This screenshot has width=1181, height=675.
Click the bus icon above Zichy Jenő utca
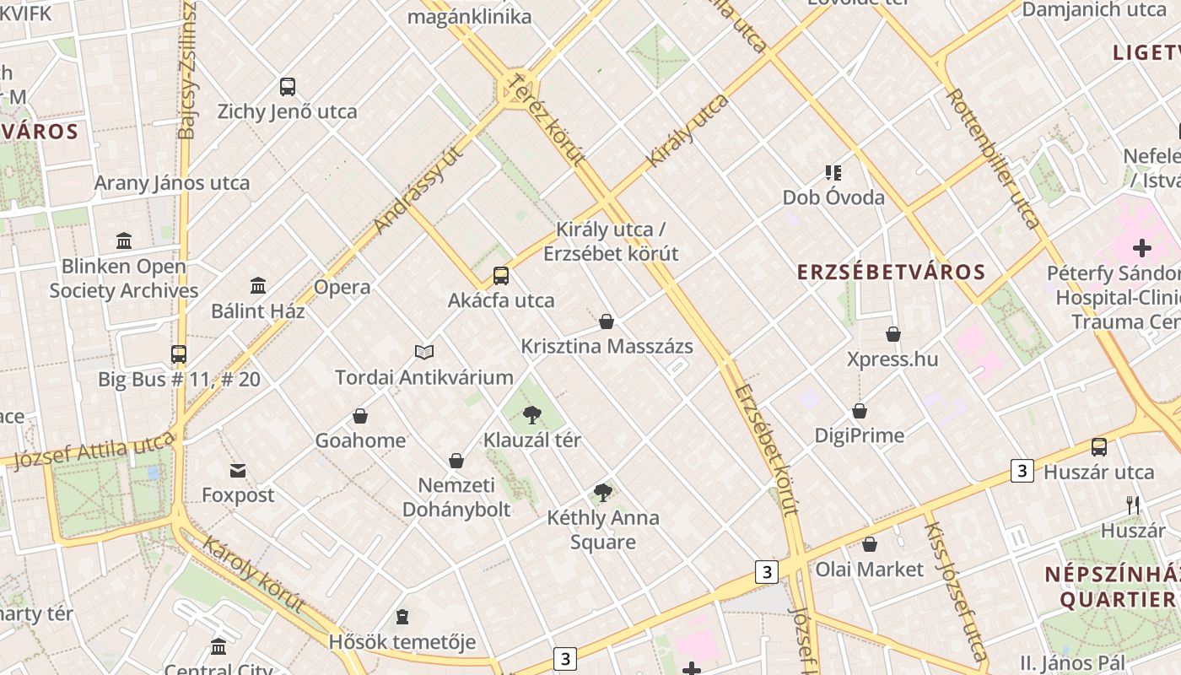[288, 87]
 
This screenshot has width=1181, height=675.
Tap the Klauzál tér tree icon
[531, 414]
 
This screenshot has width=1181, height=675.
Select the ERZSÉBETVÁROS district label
[892, 272]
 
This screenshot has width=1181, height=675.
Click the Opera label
[342, 287]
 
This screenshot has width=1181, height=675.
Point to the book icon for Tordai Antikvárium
[424, 352]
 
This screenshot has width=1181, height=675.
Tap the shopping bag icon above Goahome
[360, 416]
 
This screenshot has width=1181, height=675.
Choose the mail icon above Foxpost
[238, 471]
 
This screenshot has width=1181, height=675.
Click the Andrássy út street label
[418, 190]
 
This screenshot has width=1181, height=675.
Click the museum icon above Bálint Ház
[258, 286]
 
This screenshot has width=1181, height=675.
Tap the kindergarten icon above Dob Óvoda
[833, 173]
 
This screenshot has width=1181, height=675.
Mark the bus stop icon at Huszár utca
[1098, 447]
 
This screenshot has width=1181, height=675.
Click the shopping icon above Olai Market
[870, 544]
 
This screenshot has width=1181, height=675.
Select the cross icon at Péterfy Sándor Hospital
[1142, 248]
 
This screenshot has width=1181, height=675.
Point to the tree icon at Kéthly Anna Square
[602, 493]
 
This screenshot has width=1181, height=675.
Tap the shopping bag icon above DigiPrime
[860, 411]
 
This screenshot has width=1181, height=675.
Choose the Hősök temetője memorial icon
[402, 618]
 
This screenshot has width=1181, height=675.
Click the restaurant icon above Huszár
[1133, 505]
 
